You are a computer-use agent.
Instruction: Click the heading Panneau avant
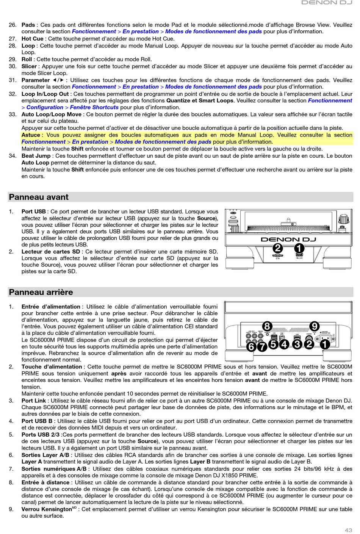pyautogui.click(x=39, y=197)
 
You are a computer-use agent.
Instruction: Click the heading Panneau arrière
pyautogui.click(x=41, y=292)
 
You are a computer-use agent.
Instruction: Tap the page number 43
pyautogui.click(x=348, y=530)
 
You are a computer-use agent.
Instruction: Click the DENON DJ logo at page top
pyautogui.click(x=327, y=3)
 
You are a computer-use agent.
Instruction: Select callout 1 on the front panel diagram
pyautogui.click(x=299, y=248)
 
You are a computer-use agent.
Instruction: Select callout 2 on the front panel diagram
pyautogui.click(x=278, y=248)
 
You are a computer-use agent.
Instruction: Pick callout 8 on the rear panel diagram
pyautogui.click(x=267, y=326)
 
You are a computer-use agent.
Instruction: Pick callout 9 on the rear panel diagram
pyautogui.click(x=314, y=326)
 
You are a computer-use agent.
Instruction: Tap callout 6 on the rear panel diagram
pyautogui.click(x=251, y=346)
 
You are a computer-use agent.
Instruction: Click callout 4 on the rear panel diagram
pyautogui.click(x=284, y=344)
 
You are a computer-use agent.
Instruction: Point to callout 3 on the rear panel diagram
pyautogui.click(x=297, y=344)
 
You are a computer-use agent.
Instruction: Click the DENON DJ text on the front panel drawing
pyautogui.click(x=288, y=240)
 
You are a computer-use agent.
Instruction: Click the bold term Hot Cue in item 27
pyautogui.click(x=32, y=39)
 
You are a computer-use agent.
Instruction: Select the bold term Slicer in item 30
pyautogui.click(x=29, y=66)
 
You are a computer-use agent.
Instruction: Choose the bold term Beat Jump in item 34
pyautogui.click(x=36, y=156)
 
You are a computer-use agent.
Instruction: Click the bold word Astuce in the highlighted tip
pyautogui.click(x=31, y=135)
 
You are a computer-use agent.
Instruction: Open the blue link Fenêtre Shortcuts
pyautogui.click(x=94, y=107)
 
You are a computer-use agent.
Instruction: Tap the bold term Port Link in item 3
pyautogui.click(x=34, y=401)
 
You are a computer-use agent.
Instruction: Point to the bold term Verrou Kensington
pyautogui.click(x=46, y=509)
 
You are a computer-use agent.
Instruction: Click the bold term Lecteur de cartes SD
pyautogui.click(x=51, y=252)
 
